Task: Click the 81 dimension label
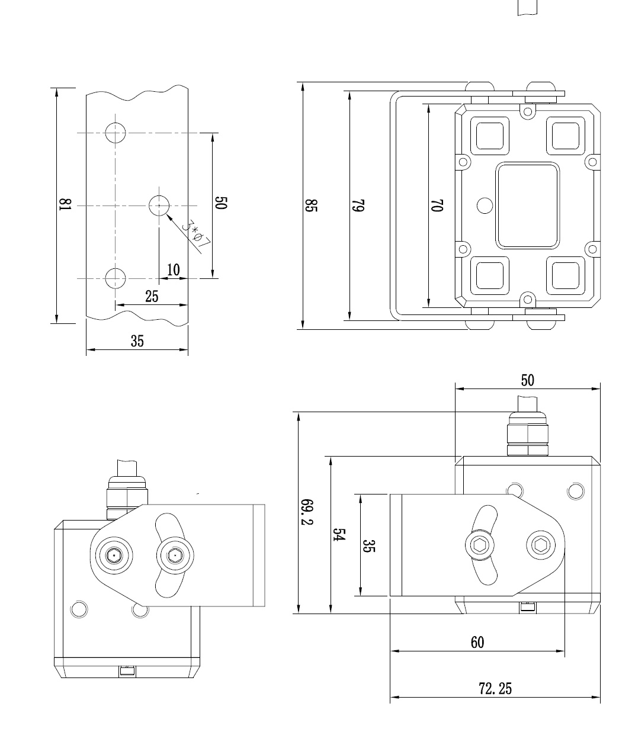65,205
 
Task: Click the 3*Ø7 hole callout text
195,235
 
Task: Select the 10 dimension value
173,270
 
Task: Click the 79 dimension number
358,205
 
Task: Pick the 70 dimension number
437,205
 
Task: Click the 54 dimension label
338,535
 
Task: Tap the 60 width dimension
477,643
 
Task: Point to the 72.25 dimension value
495,689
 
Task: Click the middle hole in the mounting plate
159,205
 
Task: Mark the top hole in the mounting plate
115,133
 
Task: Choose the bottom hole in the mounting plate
115,278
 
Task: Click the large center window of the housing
527,205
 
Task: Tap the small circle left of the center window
485,205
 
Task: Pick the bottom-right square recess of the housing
565,275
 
